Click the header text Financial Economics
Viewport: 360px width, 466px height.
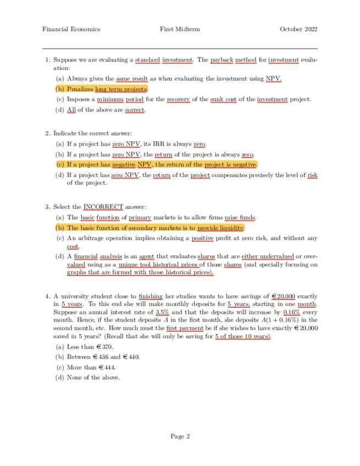tap(71, 29)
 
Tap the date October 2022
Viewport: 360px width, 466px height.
tap(298, 29)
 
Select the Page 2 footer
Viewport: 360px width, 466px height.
tap(180, 436)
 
